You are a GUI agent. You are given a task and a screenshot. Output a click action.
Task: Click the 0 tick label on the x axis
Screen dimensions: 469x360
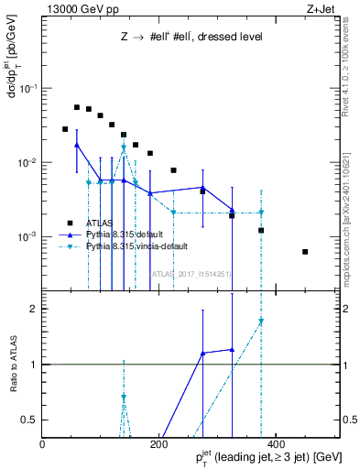[x=42, y=444]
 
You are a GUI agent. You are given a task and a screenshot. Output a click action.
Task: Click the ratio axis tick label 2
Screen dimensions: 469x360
[x=33, y=309]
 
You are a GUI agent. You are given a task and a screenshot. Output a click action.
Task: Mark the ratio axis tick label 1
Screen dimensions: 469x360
[x=33, y=364]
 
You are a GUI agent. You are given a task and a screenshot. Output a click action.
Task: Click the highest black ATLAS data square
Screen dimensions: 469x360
[x=77, y=107]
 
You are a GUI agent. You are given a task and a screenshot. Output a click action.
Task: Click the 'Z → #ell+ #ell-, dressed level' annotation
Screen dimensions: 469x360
[x=191, y=38]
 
